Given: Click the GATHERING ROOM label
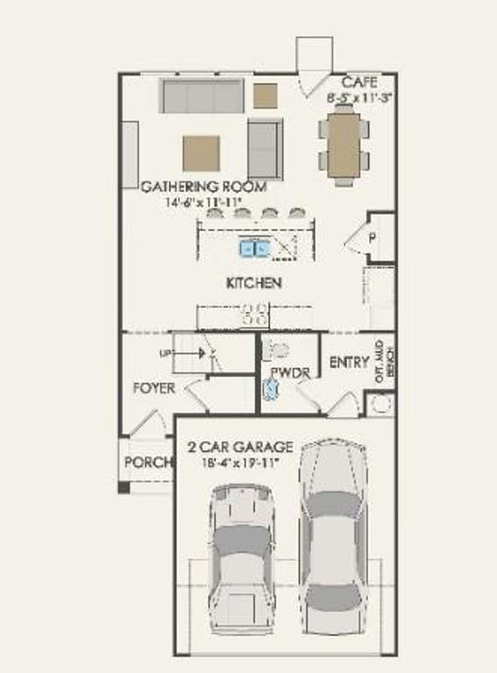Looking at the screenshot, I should point(203,187).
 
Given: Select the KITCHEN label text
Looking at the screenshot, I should point(253,283).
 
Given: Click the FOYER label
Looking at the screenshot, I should point(154,387).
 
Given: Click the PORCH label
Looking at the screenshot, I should point(146,462).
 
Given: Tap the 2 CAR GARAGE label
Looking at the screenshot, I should point(240,446).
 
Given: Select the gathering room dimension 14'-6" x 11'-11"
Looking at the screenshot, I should point(203,202).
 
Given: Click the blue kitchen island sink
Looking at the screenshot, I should point(256,249).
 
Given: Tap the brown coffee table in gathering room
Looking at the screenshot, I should point(201,153).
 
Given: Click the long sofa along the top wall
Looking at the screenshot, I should point(202,96).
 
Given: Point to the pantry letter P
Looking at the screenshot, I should point(372,237).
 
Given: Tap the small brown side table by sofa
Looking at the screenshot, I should point(266,95).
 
